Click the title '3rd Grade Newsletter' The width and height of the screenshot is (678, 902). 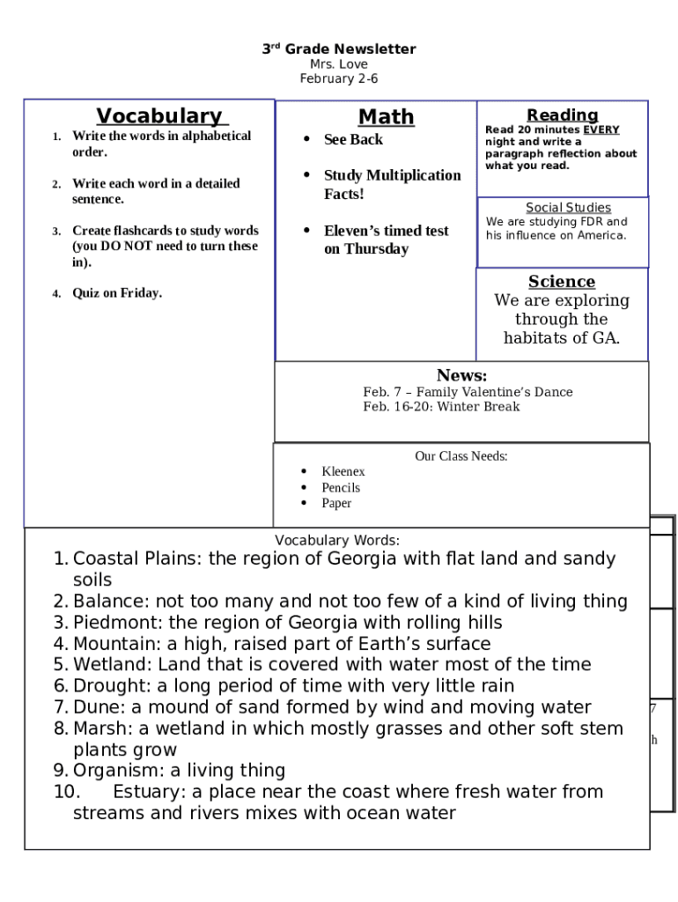pyautogui.click(x=339, y=49)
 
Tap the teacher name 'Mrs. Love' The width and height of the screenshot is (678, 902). pyautogui.click(x=339, y=64)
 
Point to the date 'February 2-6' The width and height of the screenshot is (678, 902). pyautogui.click(x=339, y=79)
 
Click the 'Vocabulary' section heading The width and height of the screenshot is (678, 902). pyautogui.click(x=159, y=116)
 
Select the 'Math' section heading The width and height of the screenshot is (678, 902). pyautogui.click(x=386, y=117)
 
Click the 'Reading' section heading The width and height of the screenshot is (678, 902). pyautogui.click(x=562, y=115)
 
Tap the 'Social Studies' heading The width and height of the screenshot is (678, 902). pyautogui.click(x=568, y=208)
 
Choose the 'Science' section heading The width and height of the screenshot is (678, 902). pyautogui.click(x=562, y=282)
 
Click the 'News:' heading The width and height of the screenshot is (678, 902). pyautogui.click(x=461, y=375)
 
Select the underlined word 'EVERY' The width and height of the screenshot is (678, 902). pyautogui.click(x=601, y=130)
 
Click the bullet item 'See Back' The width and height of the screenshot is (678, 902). pyautogui.click(x=353, y=140)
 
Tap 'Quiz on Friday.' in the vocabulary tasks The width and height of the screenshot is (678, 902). pyautogui.click(x=117, y=293)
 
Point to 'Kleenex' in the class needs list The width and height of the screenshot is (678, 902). pyautogui.click(x=343, y=472)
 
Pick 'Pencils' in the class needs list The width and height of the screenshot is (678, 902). pyautogui.click(x=341, y=488)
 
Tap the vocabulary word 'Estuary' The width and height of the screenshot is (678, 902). pyautogui.click(x=147, y=792)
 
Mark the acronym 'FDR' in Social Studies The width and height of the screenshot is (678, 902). pyautogui.click(x=592, y=222)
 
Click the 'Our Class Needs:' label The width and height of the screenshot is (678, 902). pyautogui.click(x=461, y=456)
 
